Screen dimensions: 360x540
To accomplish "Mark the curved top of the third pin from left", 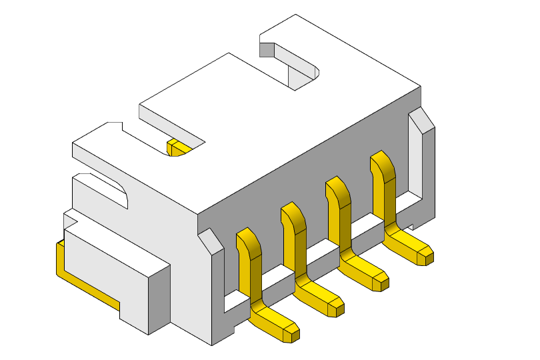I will click(x=337, y=191).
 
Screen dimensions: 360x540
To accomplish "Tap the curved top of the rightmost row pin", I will click(x=381, y=166).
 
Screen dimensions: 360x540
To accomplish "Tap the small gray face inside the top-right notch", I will click(x=267, y=50).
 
